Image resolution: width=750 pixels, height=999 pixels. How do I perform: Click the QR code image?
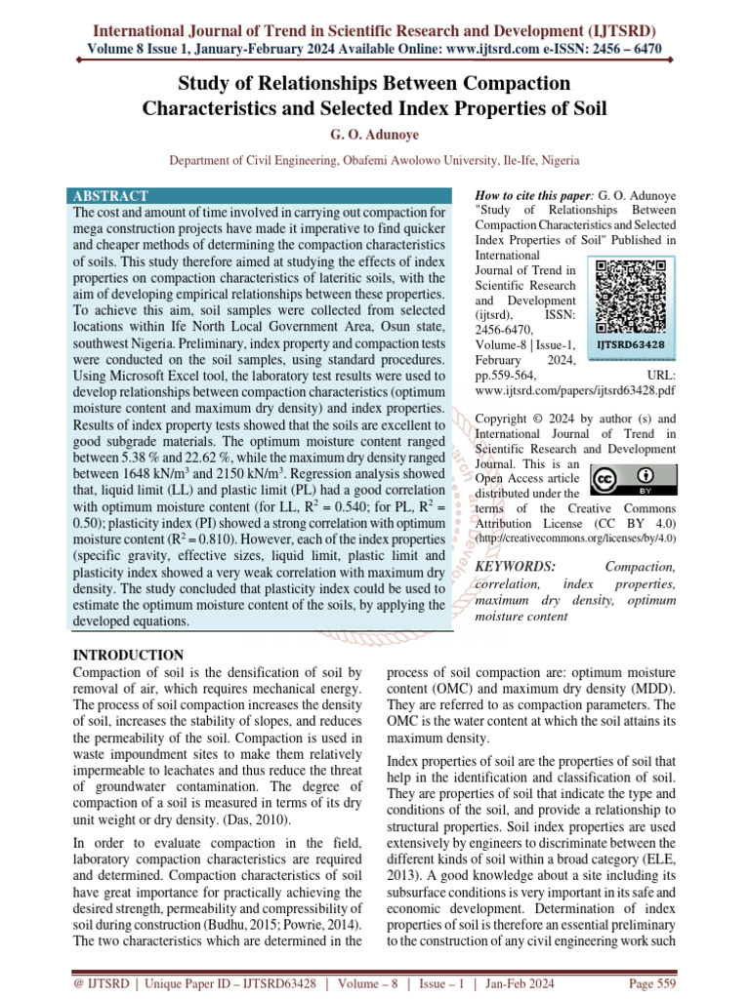coord(631,299)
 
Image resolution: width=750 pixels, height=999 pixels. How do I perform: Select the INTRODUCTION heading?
coord(128,655)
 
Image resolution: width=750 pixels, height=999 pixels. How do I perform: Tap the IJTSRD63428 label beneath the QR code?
coord(631,344)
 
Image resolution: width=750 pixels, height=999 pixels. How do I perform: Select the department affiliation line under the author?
coord(374,159)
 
